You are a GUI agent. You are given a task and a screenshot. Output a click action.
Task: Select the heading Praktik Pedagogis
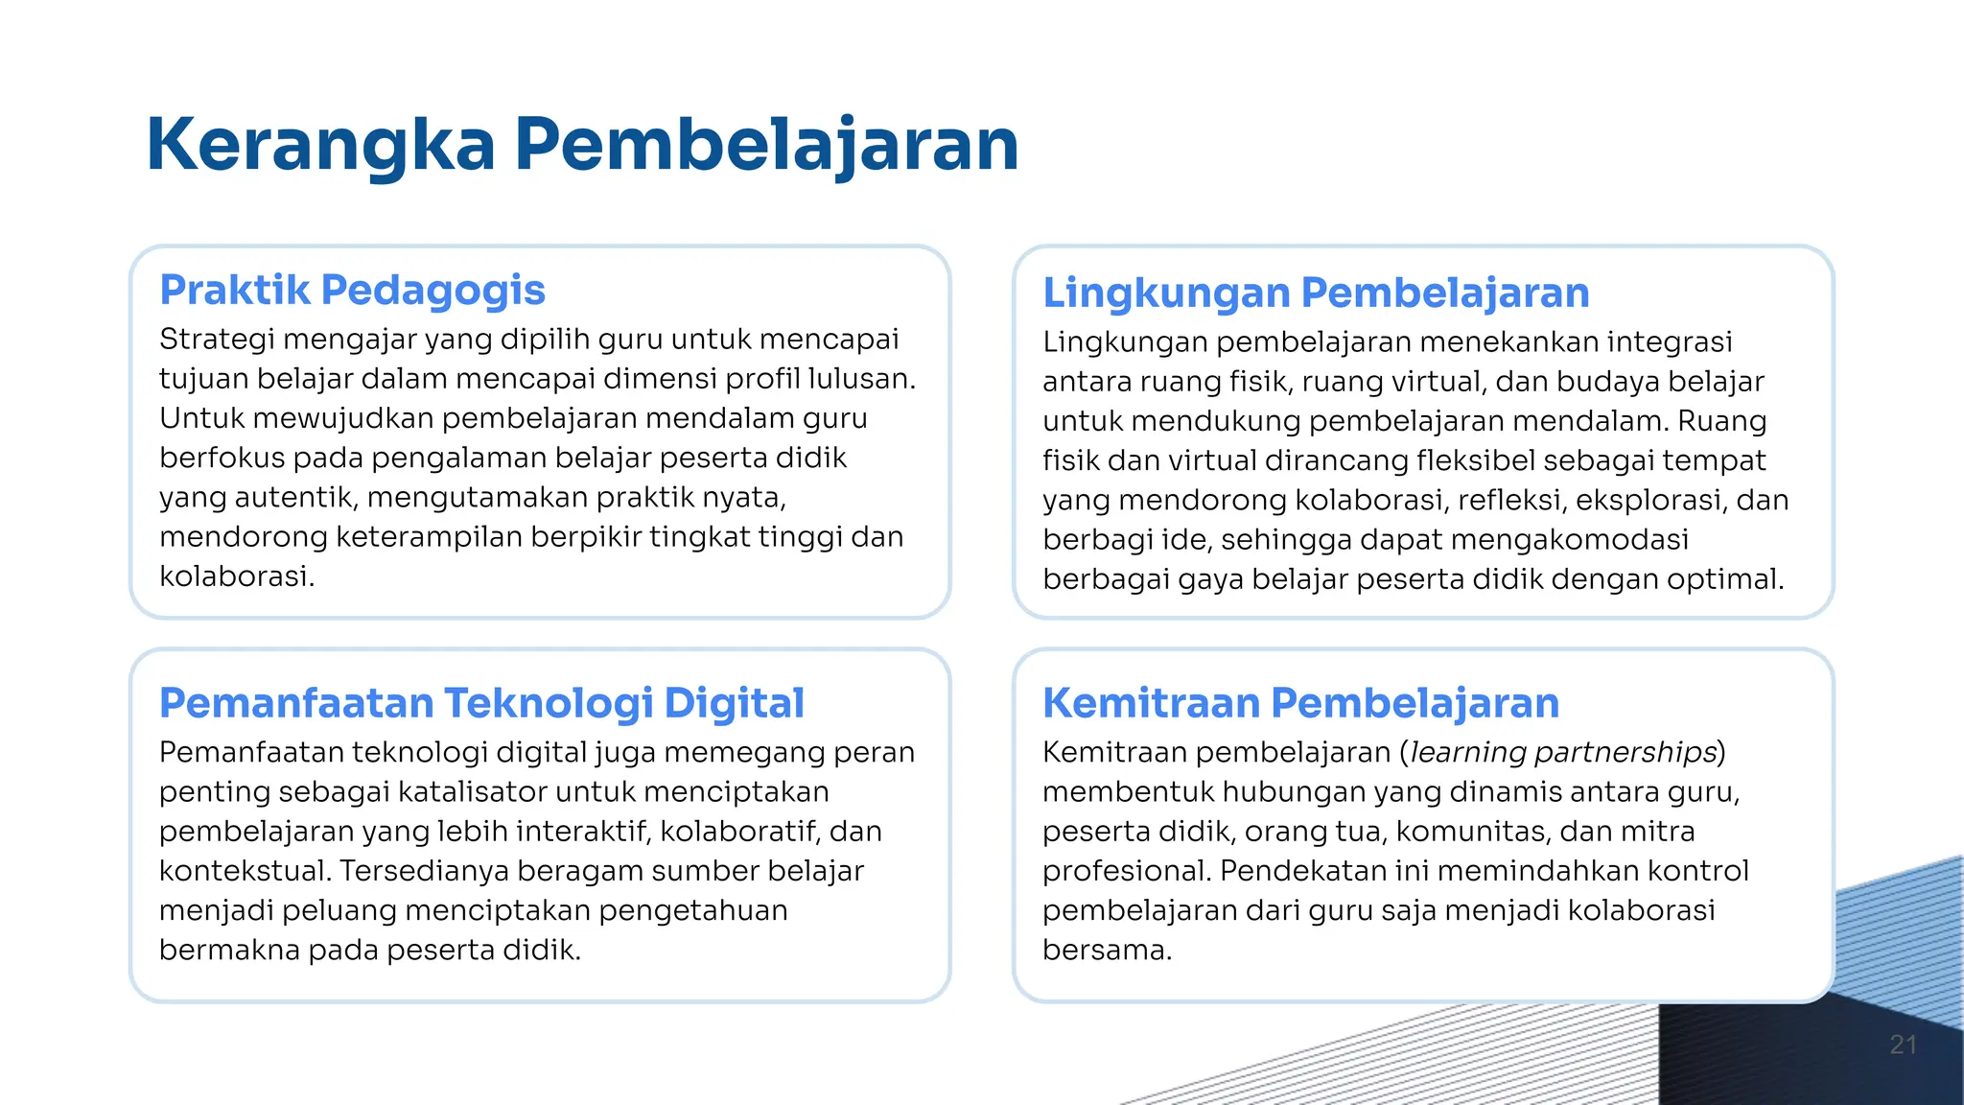(352, 290)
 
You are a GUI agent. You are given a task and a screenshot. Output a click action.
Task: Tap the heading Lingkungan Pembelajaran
(1316, 293)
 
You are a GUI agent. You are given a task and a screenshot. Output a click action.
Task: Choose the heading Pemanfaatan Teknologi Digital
(481, 703)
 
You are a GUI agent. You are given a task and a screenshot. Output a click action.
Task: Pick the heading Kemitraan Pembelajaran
(1300, 703)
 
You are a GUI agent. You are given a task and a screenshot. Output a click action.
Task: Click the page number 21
(1903, 1045)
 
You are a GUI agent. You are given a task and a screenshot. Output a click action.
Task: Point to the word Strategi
(217, 340)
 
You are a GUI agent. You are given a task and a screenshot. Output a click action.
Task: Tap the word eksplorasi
(1648, 500)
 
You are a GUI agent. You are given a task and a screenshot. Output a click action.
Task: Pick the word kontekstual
(245, 871)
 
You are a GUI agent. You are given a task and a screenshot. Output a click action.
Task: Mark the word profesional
(1127, 871)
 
